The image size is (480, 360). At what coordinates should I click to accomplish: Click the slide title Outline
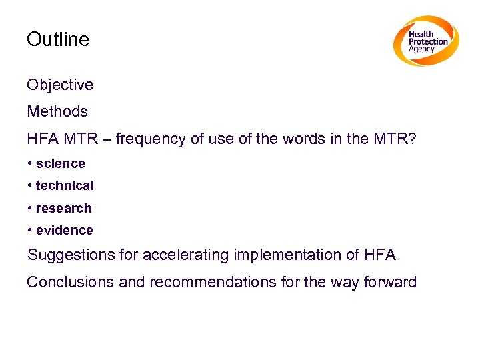pos(57,39)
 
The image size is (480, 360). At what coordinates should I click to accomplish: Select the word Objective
pos(60,85)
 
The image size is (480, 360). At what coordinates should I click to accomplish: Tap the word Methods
pos(57,111)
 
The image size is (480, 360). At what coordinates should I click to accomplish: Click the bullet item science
pos(61,164)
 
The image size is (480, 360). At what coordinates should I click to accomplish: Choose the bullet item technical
pos(65,186)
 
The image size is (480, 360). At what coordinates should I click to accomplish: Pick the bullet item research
pos(64,208)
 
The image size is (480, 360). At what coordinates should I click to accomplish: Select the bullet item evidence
pos(65,231)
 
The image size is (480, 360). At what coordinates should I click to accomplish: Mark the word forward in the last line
pos(390,282)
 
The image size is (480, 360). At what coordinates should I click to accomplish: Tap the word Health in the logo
pos(421,34)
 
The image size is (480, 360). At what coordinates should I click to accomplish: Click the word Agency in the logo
pos(422,49)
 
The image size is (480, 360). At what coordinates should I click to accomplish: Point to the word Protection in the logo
pos(429,41)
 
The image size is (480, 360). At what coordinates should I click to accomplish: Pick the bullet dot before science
pos(30,164)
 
